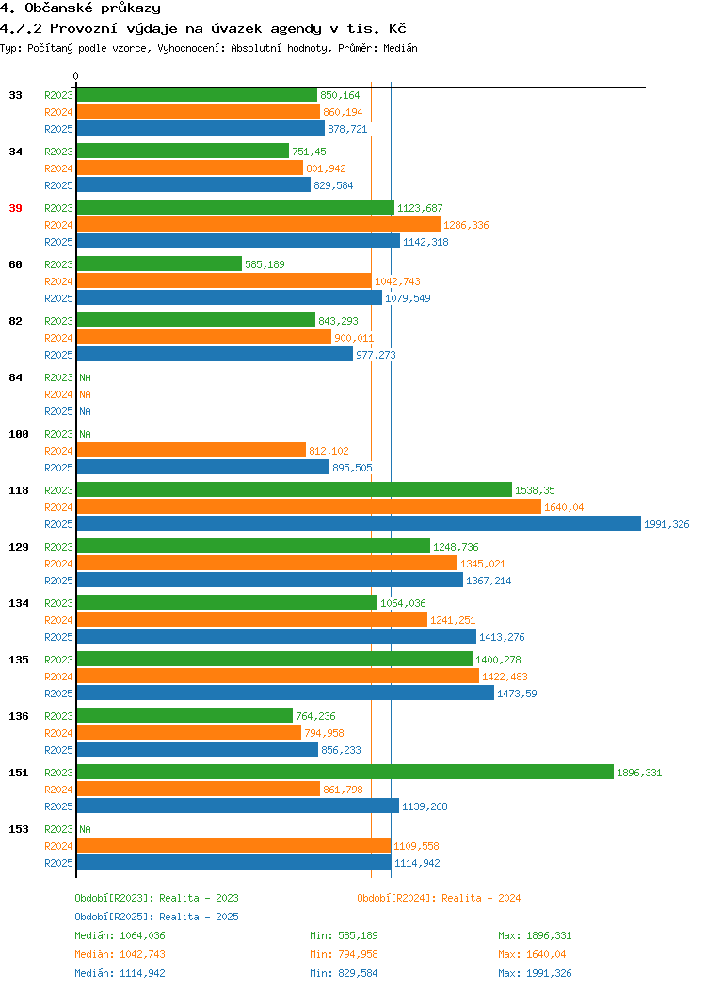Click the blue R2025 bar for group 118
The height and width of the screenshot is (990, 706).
point(359,524)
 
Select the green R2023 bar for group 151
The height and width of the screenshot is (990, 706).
point(345,773)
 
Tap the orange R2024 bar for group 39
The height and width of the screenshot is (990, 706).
point(259,225)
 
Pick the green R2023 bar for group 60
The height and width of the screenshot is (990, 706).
point(160,264)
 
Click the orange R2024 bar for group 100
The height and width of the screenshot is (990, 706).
point(191,451)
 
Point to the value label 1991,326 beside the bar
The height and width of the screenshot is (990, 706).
point(666,524)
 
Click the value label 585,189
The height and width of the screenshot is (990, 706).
point(265,264)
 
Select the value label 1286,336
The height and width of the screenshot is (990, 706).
point(466,225)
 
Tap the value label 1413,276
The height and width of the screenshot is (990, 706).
point(502,637)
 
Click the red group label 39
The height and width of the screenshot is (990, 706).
point(16,208)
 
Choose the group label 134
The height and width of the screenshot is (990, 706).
point(19,603)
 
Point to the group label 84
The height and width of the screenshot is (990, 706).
point(16,377)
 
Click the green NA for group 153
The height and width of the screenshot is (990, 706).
point(86,829)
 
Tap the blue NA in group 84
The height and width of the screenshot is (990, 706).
point(86,411)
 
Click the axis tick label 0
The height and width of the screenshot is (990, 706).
point(76,77)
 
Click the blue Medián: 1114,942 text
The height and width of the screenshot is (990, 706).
point(120,973)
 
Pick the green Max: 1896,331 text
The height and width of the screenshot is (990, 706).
point(535,935)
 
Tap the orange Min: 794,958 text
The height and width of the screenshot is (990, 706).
point(344,954)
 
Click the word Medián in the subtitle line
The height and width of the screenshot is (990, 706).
point(400,48)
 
